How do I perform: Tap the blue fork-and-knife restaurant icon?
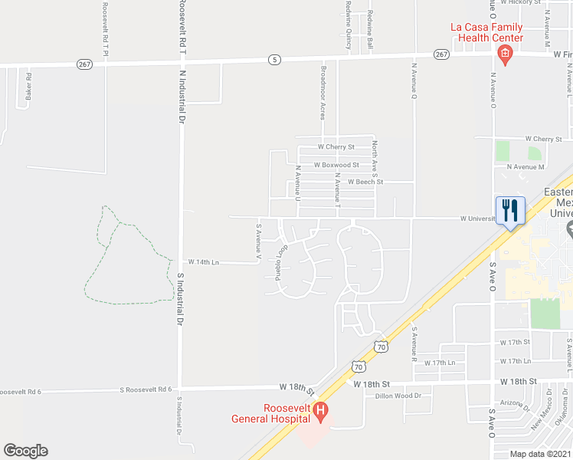[511, 210]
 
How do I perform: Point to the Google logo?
[25, 451]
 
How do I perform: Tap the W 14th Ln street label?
[204, 262]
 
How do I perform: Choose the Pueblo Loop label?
[281, 261]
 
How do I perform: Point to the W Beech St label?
[365, 182]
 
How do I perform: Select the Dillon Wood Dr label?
[398, 396]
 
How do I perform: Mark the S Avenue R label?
[414, 343]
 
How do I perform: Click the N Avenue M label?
[525, 166]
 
